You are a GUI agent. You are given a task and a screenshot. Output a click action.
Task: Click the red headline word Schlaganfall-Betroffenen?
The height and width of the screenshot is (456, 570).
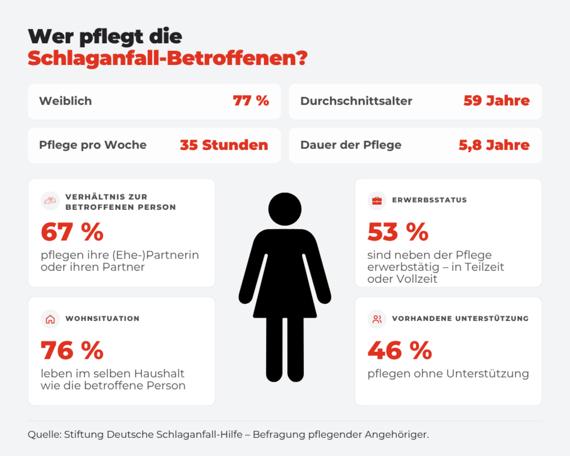coord(168,58)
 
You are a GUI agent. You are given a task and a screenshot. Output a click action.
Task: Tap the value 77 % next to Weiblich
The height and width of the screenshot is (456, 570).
coord(251,101)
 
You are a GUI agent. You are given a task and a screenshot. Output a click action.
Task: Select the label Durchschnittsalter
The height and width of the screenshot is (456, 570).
coord(356,101)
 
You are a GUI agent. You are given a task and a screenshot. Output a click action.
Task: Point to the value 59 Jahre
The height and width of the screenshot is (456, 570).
coord(497,101)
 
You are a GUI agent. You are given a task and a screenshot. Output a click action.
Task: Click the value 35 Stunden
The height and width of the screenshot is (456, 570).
coord(224,145)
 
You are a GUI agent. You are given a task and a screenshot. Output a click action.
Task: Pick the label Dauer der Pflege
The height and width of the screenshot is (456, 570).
coord(351,145)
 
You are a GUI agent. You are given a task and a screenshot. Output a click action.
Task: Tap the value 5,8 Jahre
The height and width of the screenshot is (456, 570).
coord(494,145)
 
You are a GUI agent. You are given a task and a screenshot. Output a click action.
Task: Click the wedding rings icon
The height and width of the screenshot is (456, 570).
coord(50,201)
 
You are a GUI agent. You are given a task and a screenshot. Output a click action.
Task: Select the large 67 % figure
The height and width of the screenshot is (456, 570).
coord(72,232)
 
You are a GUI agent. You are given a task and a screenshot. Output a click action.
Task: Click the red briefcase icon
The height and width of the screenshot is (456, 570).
coord(377,201)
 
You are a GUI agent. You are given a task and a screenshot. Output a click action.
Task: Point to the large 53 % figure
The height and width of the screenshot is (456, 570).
coord(398,232)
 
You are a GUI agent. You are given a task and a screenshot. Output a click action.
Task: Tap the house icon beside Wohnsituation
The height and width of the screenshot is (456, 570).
coord(50,319)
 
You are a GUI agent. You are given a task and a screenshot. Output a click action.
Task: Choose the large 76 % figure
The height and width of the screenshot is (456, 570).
coord(72,350)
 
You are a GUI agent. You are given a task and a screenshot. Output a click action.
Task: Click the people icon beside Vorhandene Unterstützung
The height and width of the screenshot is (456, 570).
coord(377,319)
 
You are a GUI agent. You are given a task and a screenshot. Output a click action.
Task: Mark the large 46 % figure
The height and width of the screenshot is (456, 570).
coord(400,350)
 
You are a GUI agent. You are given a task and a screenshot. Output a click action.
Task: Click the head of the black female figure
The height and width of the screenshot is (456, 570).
coord(285,209)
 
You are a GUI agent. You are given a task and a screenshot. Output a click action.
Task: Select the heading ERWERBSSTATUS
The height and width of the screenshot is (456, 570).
coord(429,200)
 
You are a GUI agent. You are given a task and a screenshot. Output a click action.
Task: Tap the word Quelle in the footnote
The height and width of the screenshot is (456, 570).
coord(45,435)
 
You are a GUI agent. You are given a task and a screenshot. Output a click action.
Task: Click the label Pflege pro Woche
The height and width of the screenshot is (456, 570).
coord(93,145)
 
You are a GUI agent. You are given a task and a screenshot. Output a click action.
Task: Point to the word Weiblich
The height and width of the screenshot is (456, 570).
coord(65,101)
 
